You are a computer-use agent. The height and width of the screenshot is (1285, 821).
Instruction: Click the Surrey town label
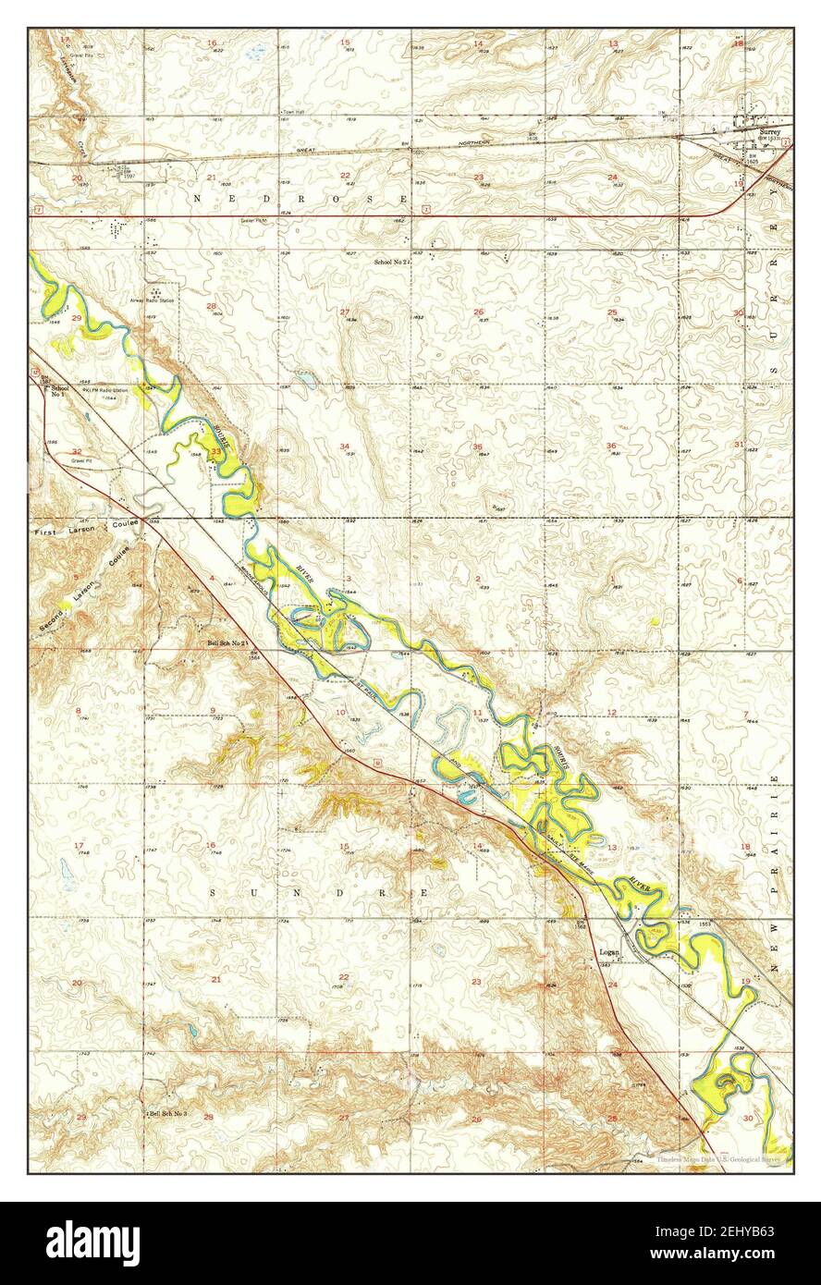(769, 132)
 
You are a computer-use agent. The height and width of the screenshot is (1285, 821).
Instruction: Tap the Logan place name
(608, 951)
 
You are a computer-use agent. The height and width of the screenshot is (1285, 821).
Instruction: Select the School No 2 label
(390, 263)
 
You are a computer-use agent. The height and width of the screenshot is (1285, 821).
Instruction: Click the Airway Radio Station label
(161, 299)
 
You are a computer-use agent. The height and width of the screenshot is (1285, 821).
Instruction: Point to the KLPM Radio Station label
(104, 391)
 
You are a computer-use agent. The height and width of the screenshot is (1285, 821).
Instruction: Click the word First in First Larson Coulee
(48, 533)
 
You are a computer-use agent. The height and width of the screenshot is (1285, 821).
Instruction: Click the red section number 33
(215, 452)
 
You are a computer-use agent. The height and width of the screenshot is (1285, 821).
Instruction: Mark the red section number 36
(611, 447)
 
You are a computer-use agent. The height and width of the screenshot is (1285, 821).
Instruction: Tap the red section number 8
(78, 711)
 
